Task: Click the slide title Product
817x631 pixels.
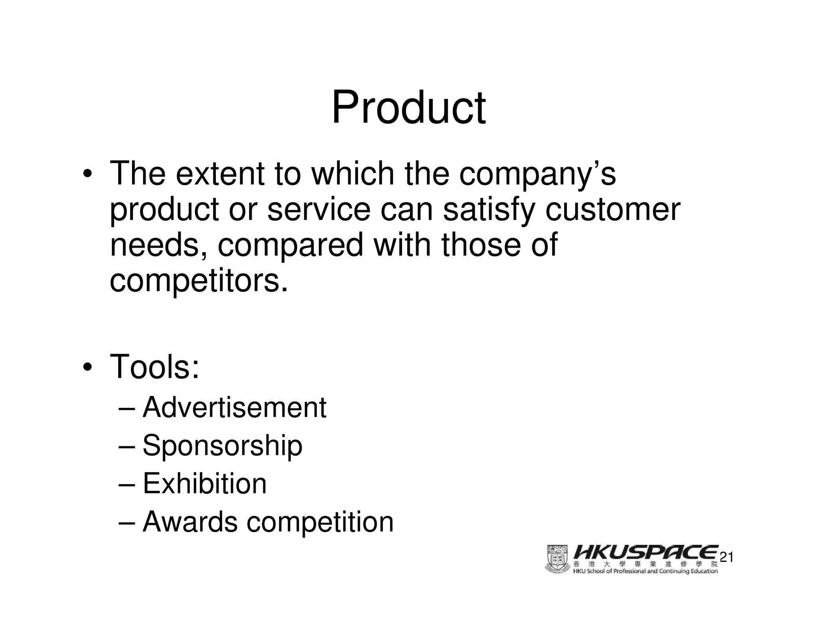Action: point(408,108)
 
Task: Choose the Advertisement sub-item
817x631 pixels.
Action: point(235,408)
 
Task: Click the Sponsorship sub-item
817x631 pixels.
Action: point(222,446)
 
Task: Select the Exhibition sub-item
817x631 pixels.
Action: point(205,483)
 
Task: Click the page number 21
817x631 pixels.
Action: point(726,557)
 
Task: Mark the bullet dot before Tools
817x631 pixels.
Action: point(88,367)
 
